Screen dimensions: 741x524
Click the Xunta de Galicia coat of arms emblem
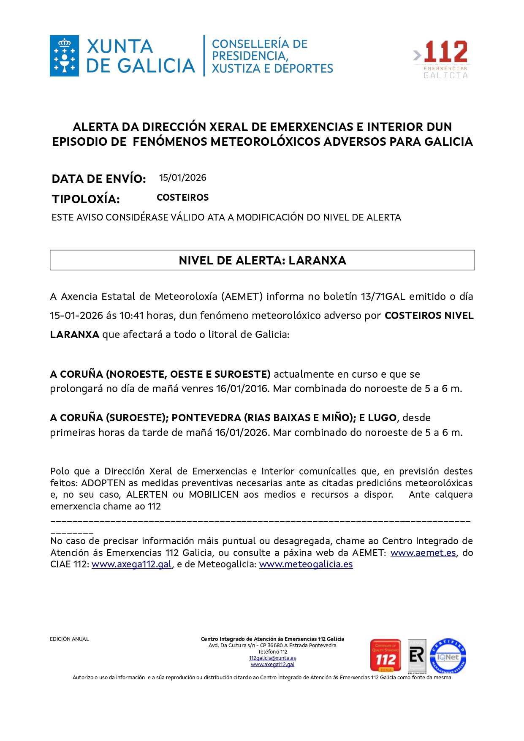click(x=64, y=56)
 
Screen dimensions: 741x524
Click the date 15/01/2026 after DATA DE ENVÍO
click(x=182, y=178)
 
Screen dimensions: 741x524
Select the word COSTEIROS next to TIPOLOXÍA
click(x=182, y=198)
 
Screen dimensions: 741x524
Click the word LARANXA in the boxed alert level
click(x=317, y=260)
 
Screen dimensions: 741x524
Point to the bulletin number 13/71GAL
click(x=383, y=297)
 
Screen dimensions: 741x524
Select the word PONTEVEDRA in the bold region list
click(x=206, y=418)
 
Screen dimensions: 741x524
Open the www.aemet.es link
click(x=423, y=553)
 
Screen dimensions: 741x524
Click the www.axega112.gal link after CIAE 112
click(x=132, y=564)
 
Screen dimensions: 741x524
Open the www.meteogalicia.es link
click(x=306, y=564)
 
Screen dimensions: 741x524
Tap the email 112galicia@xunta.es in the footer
click(x=272, y=658)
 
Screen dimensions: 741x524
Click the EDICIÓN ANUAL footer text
click(x=69, y=639)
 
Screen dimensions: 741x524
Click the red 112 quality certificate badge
click(x=386, y=655)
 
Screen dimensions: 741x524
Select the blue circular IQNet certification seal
click(x=448, y=656)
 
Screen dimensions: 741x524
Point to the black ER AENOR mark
click(x=417, y=656)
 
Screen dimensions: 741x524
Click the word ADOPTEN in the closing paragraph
click(x=103, y=483)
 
